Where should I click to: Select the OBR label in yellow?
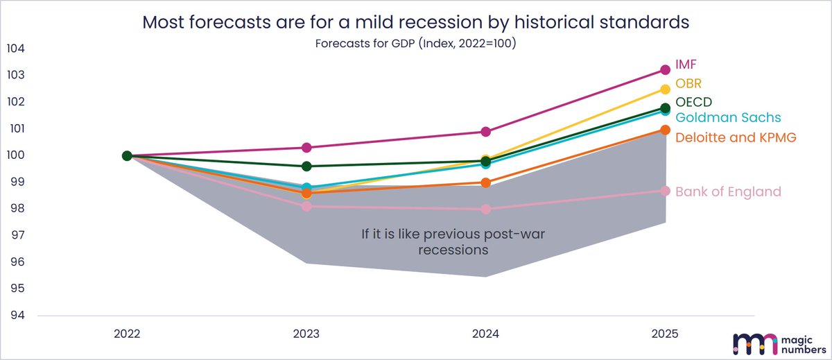click(688, 84)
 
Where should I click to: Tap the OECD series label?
click(693, 102)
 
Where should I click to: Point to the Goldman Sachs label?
click(728, 117)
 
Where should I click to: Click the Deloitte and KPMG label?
click(736, 137)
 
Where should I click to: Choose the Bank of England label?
click(728, 191)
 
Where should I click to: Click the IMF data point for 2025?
click(665, 69)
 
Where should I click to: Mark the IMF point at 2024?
click(486, 132)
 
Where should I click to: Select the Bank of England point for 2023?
click(306, 207)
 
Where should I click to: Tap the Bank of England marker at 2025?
click(665, 191)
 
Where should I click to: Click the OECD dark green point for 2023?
click(306, 166)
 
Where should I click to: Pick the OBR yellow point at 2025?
click(665, 89)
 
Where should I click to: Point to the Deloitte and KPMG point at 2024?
click(486, 183)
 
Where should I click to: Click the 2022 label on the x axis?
click(127, 334)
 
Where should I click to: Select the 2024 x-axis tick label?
click(486, 334)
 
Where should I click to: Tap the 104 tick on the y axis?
click(15, 49)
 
